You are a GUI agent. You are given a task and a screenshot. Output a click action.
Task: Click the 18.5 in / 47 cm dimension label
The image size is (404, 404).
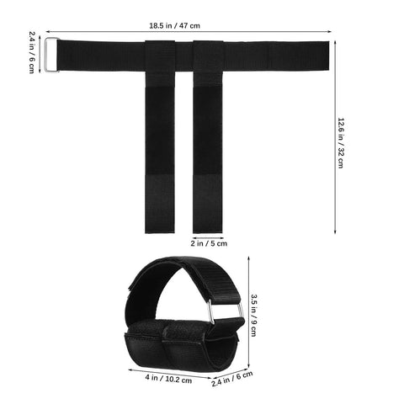pos(174,26)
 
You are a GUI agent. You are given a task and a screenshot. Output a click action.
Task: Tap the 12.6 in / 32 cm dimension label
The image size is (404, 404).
pos(341,143)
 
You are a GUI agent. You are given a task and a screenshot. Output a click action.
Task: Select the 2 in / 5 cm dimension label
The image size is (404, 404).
pos(209,243)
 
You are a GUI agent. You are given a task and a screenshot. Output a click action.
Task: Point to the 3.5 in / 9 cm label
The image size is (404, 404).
pos(253,315)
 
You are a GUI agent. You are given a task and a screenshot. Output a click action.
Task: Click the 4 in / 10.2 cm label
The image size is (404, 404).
pos(168,379)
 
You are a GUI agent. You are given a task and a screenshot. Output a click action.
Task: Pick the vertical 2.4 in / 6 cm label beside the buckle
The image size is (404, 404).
pos(32,52)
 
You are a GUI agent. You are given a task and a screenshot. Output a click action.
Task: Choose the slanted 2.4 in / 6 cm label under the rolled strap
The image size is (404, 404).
pos(232,379)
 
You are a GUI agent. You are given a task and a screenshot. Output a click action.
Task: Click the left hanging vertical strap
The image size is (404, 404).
pos(160,157)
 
